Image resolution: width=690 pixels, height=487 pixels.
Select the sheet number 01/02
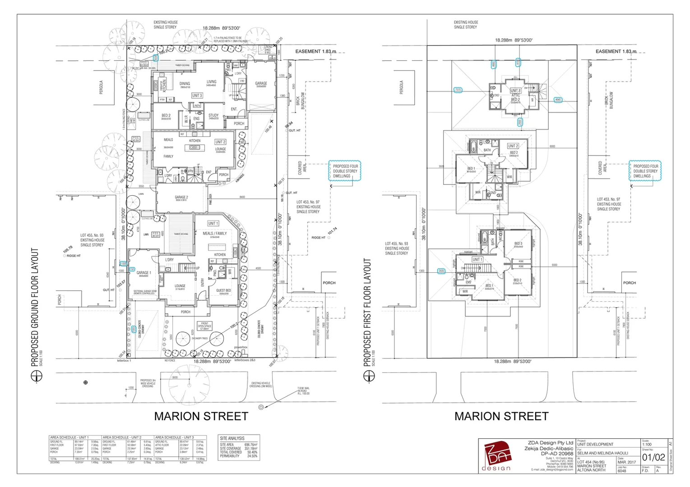(653, 457)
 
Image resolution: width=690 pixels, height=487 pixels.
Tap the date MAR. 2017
(627, 462)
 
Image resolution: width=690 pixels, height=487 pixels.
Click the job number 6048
(622, 471)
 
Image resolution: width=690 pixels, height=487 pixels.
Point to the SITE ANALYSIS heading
(232, 438)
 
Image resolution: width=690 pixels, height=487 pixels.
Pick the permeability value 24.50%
(252, 456)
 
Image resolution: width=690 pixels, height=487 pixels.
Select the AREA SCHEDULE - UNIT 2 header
(122, 437)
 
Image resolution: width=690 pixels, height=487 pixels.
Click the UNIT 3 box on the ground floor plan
(197, 96)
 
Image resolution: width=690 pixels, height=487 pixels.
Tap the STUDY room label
(213, 116)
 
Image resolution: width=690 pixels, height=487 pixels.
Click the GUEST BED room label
(223, 291)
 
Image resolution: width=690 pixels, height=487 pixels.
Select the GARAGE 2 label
(181, 198)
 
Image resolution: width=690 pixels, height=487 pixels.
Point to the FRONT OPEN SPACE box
(205, 326)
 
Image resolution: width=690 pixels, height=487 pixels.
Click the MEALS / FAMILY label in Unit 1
(215, 234)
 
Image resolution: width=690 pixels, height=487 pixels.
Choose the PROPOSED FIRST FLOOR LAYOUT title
(367, 312)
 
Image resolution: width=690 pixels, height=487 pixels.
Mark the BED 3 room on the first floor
(518, 244)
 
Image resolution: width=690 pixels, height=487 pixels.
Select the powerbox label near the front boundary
(241, 347)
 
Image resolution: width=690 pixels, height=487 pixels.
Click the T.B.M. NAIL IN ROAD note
(303, 391)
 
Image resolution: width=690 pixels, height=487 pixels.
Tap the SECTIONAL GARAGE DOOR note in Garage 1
(145, 292)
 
